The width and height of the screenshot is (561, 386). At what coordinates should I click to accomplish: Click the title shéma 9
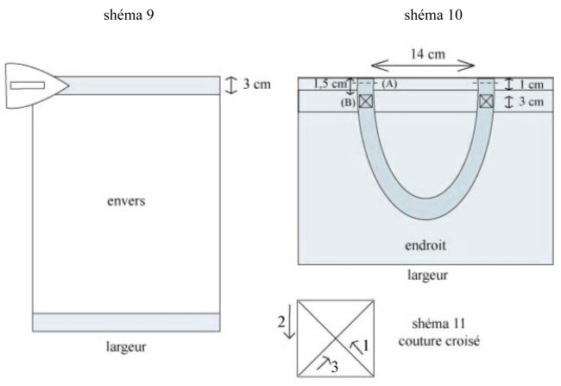click(x=129, y=15)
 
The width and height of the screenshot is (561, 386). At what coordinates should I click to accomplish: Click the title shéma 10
click(x=433, y=15)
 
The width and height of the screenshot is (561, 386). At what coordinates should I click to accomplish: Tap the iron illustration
click(x=36, y=85)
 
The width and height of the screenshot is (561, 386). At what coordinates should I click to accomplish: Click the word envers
click(x=126, y=201)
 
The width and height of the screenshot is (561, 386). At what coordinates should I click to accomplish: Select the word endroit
click(x=425, y=245)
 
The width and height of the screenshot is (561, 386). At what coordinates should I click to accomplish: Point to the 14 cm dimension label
click(x=427, y=54)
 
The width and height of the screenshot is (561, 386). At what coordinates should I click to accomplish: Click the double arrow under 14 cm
click(x=423, y=66)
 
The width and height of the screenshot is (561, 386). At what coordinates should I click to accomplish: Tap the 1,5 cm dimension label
click(x=330, y=84)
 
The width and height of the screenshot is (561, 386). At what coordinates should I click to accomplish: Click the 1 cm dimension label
click(x=531, y=85)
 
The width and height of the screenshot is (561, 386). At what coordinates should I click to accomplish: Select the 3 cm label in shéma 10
click(x=531, y=101)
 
